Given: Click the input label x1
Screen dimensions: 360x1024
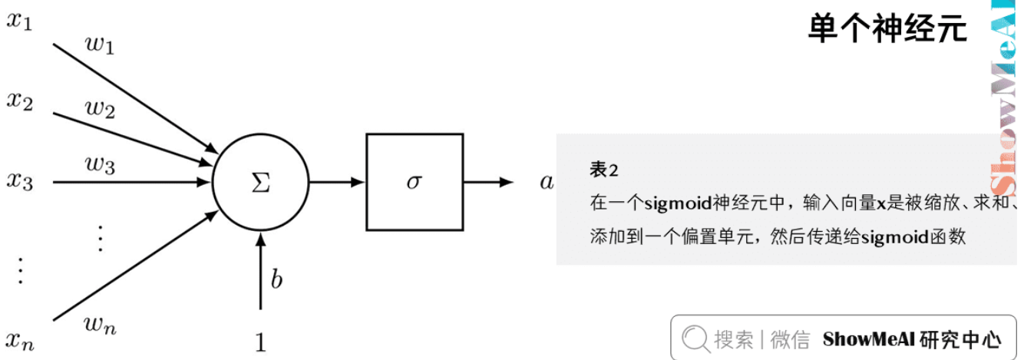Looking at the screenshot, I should tap(19, 21).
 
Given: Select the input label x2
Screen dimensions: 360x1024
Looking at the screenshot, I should tap(19, 101).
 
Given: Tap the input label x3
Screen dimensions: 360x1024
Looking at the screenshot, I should tap(19, 182).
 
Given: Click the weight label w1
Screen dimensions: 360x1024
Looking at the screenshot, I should tap(99, 47).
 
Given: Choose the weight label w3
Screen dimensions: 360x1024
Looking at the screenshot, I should tap(100, 164).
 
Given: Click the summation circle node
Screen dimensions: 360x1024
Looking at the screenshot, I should tap(260, 182).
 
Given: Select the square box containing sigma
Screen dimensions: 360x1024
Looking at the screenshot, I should tap(415, 182).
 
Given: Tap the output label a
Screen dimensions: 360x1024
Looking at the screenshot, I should tap(547, 182).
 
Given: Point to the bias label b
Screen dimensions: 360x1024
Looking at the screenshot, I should tap(276, 280).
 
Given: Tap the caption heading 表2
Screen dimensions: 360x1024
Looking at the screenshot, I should tap(604, 169).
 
